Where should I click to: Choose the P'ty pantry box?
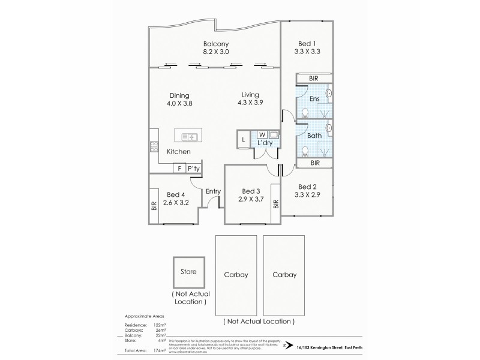pos(194,169)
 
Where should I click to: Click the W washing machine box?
pos(263,134)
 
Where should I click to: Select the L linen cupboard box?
pos(243,140)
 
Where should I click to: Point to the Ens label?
pos(314,99)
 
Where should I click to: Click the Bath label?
pos(314,136)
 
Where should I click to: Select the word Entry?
pos(213,192)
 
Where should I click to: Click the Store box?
pos(188,272)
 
